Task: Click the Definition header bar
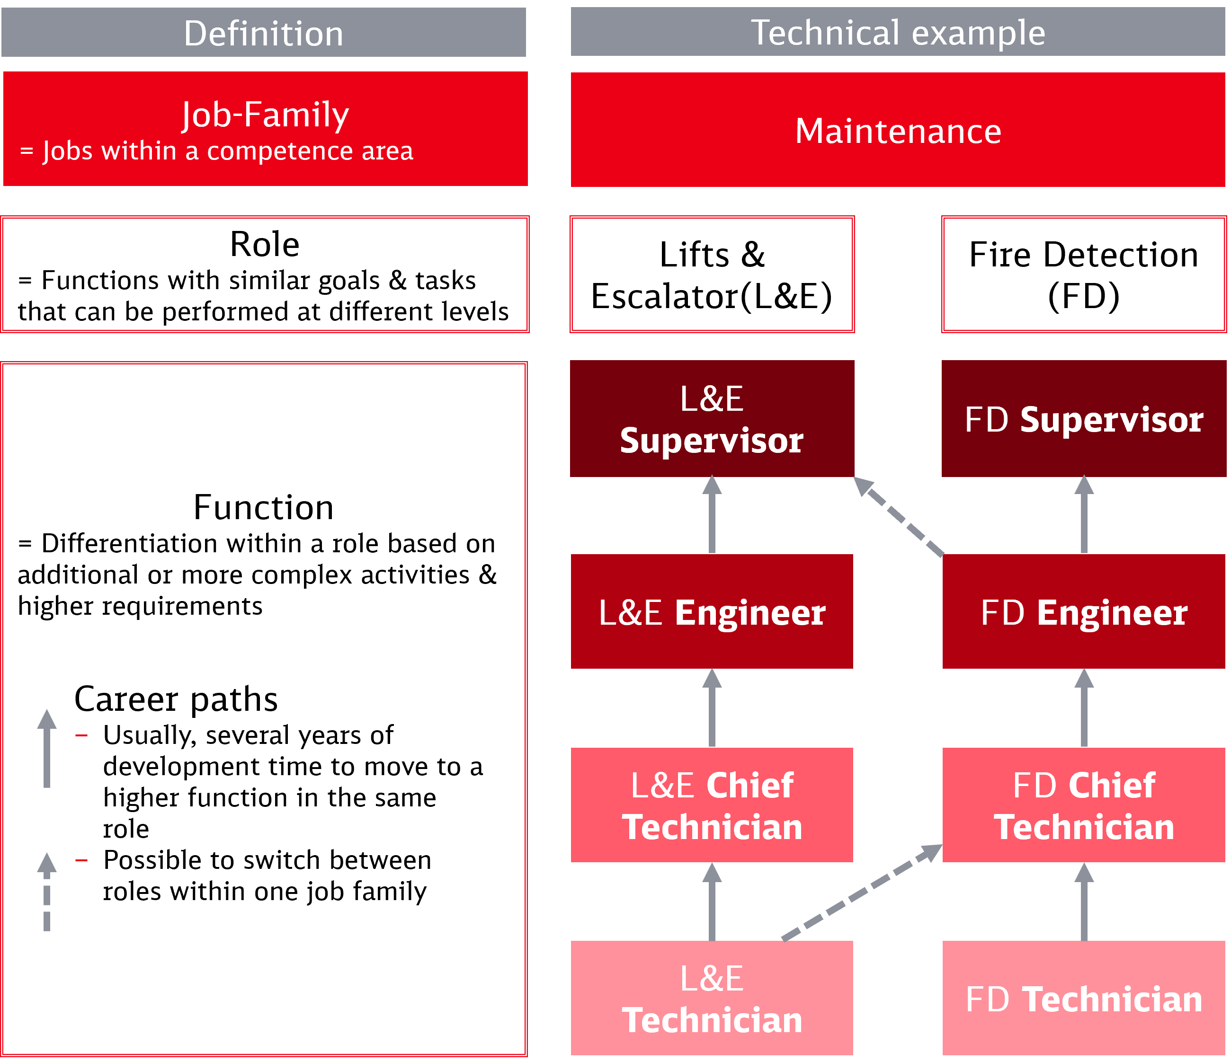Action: point(263,33)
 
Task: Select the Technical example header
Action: point(897,32)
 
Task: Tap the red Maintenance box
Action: point(897,130)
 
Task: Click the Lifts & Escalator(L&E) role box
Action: point(712,274)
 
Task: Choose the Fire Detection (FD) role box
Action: point(1084,274)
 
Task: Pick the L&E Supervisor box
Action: point(712,419)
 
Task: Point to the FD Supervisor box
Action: point(1084,419)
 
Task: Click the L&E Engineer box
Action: point(712,611)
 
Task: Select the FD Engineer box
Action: point(1084,611)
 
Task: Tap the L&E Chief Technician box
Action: point(712,805)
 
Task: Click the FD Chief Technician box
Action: point(1084,805)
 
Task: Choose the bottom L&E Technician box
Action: point(712,998)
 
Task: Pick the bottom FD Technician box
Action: point(1084,998)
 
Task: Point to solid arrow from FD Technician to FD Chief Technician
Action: point(1084,902)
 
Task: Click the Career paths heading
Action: point(176,699)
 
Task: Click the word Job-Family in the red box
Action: point(265,114)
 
